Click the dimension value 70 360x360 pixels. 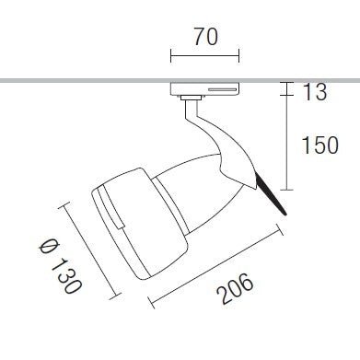click(205, 37)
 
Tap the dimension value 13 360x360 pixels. click(314, 92)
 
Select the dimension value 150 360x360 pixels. click(320, 145)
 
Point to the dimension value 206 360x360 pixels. click(236, 289)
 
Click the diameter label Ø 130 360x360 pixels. click(61, 267)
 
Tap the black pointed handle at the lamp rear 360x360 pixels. click(271, 194)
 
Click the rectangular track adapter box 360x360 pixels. click(205, 88)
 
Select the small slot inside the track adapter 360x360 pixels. click(223, 90)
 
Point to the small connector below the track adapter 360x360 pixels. click(191, 98)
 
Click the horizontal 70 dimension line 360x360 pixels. click(205, 56)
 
